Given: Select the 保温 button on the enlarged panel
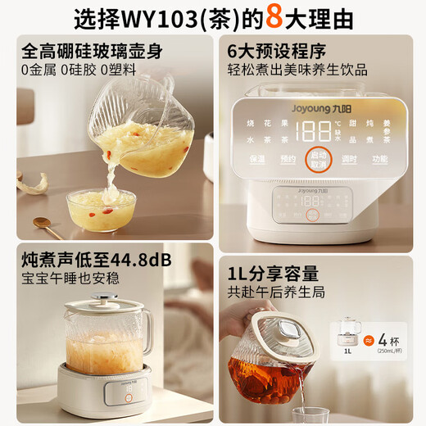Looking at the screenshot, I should [x=257, y=159].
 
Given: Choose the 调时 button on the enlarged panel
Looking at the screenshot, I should [x=351, y=159].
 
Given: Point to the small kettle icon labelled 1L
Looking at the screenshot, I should [x=348, y=335].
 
